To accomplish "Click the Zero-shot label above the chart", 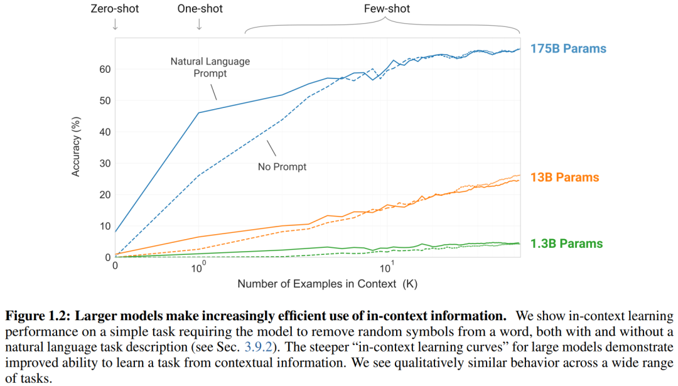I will (x=115, y=9).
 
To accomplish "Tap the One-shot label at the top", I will (x=199, y=9).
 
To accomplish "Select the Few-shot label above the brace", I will (x=387, y=9).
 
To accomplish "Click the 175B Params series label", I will (x=568, y=48).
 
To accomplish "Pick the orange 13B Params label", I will (x=565, y=177).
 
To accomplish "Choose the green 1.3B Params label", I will (x=567, y=244).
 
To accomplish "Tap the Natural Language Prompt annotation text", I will (x=210, y=67).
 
